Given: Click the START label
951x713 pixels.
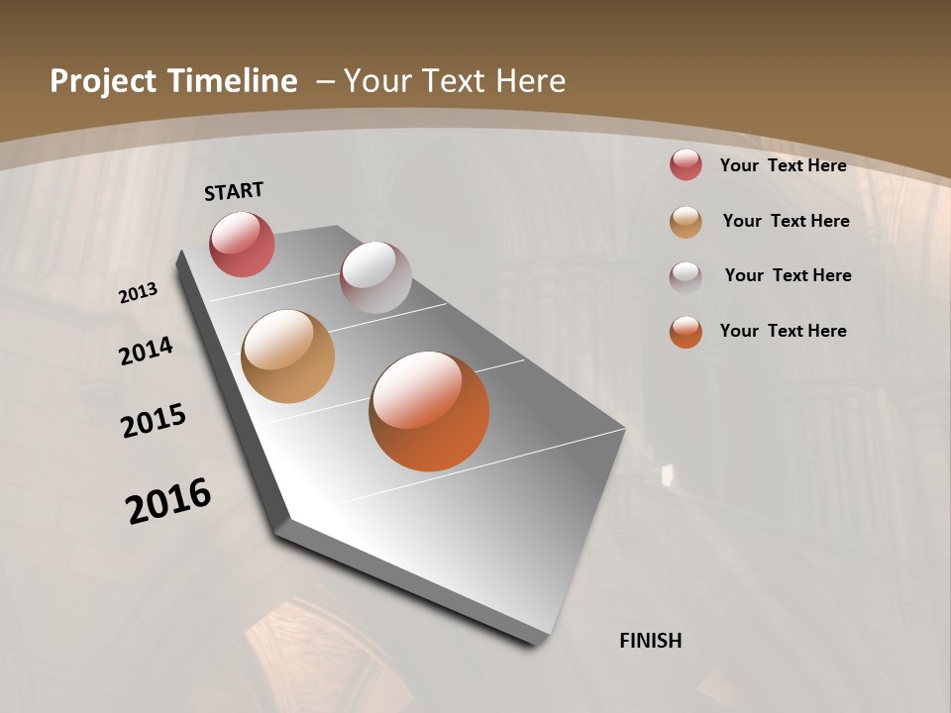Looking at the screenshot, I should (234, 191).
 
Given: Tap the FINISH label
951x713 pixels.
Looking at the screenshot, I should (650, 641).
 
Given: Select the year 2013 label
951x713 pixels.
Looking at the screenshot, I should (139, 293).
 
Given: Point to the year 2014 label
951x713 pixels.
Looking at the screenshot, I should (147, 352).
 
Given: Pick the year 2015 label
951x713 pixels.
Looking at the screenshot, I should (154, 421).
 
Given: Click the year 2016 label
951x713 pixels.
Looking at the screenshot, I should (168, 501).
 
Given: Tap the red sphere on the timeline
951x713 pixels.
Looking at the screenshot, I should (242, 244).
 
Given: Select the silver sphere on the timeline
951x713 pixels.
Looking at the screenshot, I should (375, 277).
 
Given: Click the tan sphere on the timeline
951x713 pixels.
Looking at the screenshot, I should (287, 356).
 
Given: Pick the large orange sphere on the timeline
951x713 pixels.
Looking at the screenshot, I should (429, 411).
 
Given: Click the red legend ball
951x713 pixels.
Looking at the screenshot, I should (686, 165).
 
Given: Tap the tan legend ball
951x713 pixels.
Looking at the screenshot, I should (686, 222).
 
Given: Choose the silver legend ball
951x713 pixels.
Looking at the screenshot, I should (686, 276).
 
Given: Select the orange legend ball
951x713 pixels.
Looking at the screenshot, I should (686, 332).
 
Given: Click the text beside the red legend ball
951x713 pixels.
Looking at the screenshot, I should (783, 165).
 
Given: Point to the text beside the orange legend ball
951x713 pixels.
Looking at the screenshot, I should (783, 331).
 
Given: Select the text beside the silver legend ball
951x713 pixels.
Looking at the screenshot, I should (788, 275).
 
